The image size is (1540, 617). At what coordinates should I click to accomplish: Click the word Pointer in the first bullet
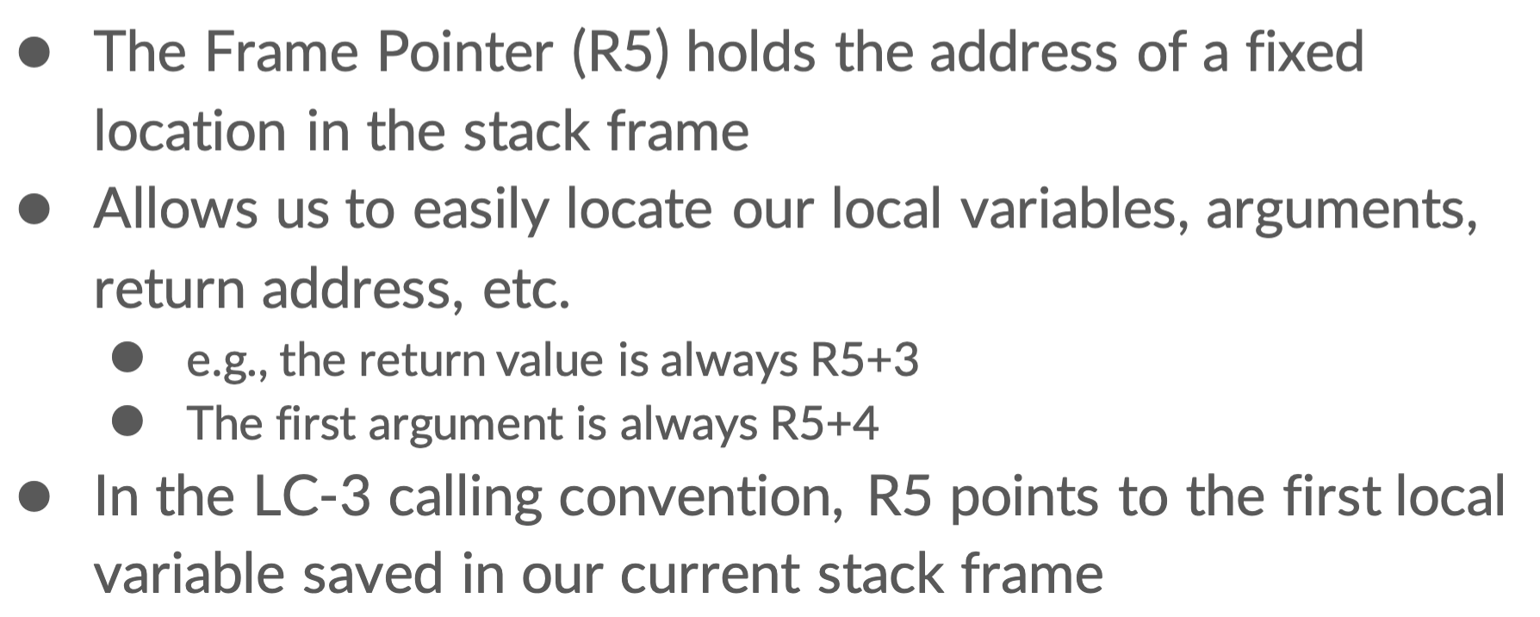click(x=465, y=52)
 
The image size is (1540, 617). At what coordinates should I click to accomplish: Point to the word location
click(x=189, y=131)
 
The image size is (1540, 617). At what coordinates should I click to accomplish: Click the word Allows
click(x=175, y=209)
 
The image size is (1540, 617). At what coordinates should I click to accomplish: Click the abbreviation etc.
click(x=525, y=289)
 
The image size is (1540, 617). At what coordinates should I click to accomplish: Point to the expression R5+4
click(x=823, y=423)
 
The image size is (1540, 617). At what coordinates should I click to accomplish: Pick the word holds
click(x=750, y=52)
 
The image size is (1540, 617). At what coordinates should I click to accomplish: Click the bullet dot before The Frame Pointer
click(x=35, y=52)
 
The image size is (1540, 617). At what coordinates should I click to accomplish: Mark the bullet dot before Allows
click(x=35, y=209)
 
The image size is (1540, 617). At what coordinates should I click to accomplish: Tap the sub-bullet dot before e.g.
click(x=127, y=358)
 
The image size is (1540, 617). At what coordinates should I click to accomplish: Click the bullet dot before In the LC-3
click(x=35, y=496)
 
